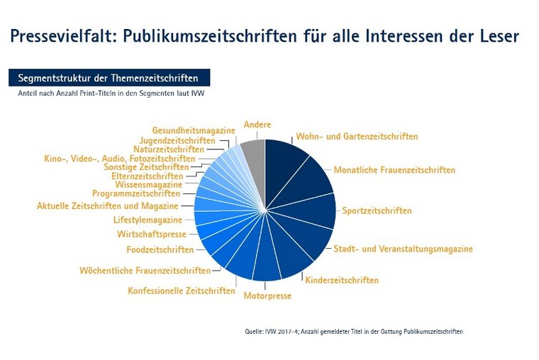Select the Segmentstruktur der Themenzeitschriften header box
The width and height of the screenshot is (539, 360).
[109, 77]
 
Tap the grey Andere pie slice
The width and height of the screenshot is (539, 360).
[254, 159]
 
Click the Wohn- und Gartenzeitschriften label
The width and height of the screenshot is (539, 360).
[356, 136]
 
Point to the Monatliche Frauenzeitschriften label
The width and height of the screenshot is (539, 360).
[394, 170]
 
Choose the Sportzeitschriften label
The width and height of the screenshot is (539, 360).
[376, 210]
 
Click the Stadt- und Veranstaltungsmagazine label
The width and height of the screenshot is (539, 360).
[403, 249]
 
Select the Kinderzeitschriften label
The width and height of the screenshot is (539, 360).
[342, 280]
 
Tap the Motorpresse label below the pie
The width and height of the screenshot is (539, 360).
[267, 296]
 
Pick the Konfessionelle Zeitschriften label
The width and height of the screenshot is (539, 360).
[182, 291]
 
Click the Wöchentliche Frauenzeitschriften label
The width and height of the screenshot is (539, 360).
[145, 270]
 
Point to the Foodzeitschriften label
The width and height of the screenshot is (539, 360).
[160, 249]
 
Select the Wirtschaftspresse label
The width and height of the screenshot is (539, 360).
[152, 234]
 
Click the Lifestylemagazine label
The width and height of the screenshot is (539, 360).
[148, 220]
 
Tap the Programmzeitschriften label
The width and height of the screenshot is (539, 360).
[136, 192]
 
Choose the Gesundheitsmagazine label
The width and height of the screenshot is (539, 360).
[194, 130]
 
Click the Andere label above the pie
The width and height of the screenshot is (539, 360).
[257, 125]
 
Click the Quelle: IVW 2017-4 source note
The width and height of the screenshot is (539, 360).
[353, 331]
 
